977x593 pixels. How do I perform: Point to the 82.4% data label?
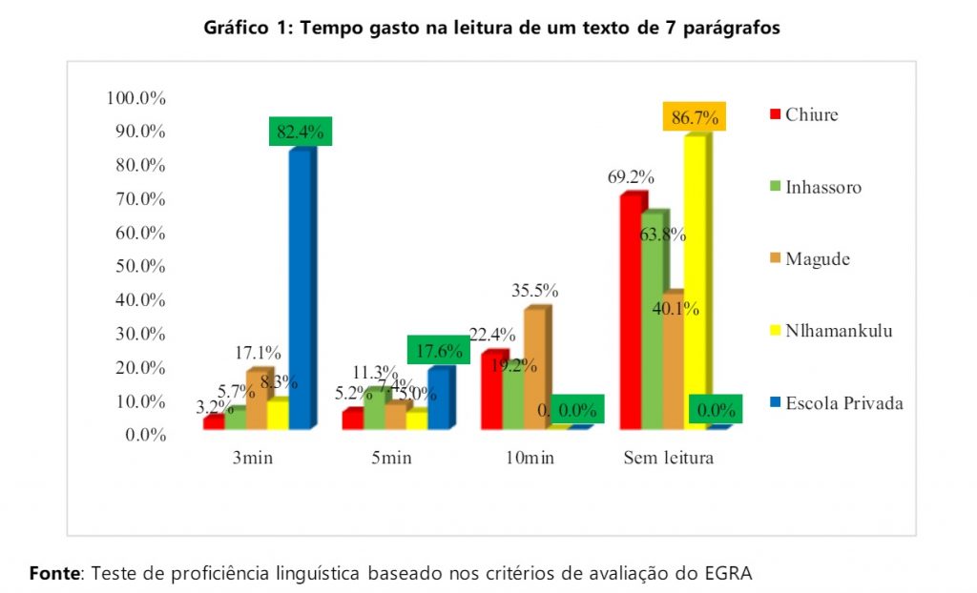click(300, 133)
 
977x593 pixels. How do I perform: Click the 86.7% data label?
click(695, 118)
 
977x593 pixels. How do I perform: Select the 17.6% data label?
click(439, 351)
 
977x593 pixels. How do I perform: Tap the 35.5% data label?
click(535, 291)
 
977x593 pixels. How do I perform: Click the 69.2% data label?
click(631, 177)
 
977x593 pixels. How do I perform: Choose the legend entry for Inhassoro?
click(823, 187)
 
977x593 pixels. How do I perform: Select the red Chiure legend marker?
click(775, 115)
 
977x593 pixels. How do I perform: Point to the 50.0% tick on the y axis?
click(140, 266)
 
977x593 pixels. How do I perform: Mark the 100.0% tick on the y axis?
click(136, 98)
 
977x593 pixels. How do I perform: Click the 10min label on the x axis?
click(529, 459)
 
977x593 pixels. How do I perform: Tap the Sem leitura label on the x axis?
click(668, 459)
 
